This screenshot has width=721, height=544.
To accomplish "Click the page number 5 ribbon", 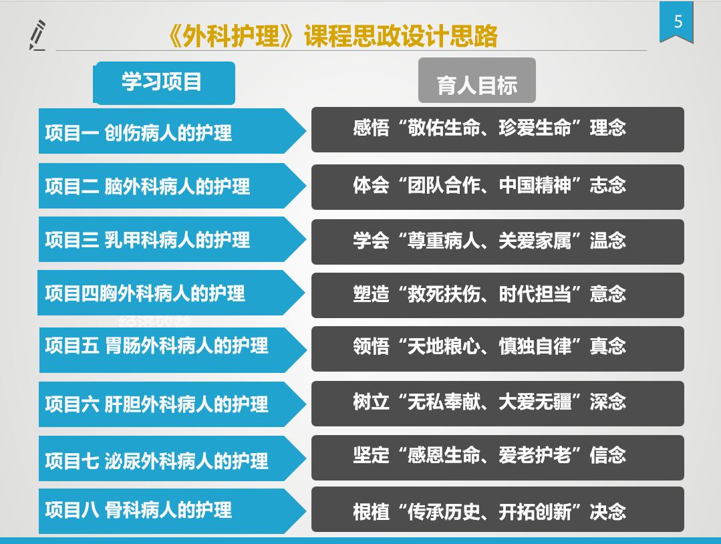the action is click(x=676, y=22).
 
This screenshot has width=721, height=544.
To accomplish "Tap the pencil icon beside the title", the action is click(x=37, y=35).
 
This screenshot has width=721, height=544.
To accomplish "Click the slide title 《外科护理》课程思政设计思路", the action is click(x=332, y=36).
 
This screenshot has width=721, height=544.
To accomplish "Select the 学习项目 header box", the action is click(x=164, y=83).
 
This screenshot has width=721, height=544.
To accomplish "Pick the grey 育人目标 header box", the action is click(x=477, y=80).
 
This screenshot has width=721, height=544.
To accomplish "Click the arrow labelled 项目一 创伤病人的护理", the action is click(x=172, y=131).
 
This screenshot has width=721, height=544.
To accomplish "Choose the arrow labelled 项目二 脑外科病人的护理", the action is click(x=172, y=186).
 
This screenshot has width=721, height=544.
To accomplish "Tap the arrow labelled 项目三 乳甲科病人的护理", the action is click(x=172, y=239).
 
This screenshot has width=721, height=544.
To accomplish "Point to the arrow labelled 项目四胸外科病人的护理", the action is click(x=171, y=293).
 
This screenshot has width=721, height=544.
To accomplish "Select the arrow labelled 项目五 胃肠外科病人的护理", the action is click(x=173, y=350).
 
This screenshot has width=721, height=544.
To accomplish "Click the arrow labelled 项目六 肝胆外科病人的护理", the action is click(x=172, y=404).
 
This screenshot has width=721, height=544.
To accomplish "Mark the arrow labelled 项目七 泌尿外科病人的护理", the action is click(x=172, y=458).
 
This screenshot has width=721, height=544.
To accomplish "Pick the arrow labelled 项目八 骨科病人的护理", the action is click(x=172, y=511).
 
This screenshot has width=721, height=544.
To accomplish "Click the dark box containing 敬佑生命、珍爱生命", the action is click(x=498, y=130).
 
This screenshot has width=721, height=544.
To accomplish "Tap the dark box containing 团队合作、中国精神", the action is click(x=498, y=187).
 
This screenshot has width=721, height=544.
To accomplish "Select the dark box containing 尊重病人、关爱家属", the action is click(x=498, y=242).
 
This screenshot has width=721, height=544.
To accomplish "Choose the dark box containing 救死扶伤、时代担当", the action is click(x=498, y=295).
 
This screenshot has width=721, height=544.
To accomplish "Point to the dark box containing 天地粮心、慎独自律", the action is click(x=498, y=349).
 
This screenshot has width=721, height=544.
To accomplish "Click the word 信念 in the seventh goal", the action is click(x=608, y=455).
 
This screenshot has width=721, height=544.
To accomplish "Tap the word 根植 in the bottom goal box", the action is click(x=371, y=512).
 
